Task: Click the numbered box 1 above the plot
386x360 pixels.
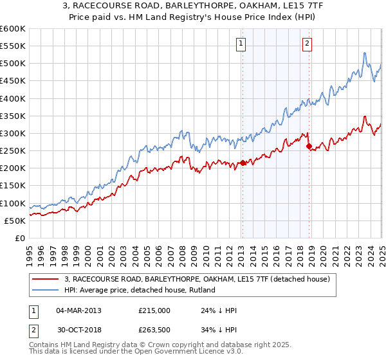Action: pos(241,44)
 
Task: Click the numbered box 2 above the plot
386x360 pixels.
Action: pos(308,44)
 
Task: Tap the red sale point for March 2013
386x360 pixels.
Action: pos(243,163)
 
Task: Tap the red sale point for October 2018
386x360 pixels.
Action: pos(309,146)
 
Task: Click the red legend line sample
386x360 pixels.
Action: pos(46,279)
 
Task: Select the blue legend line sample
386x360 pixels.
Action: pos(46,291)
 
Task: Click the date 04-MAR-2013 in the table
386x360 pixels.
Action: pos(78,310)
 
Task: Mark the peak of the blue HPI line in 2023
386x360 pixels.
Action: pos(364,53)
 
